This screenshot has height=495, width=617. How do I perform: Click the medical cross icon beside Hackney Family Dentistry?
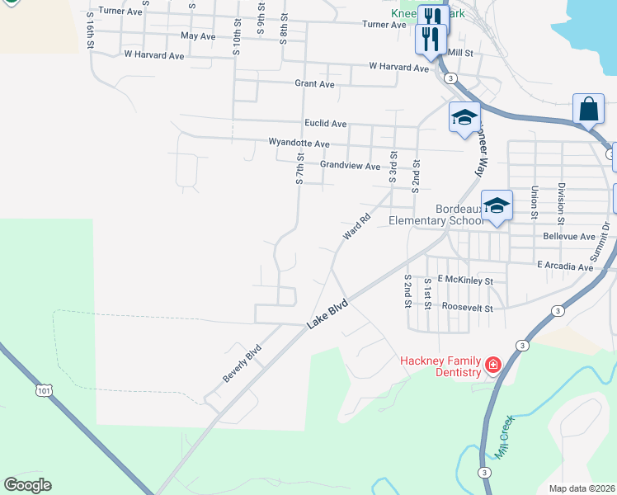pos(493,364)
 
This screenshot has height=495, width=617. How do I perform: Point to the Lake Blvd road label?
pos(328,315)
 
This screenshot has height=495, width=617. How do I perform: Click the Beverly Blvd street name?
pos(242,363)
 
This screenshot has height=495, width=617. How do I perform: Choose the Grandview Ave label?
pos(350,165)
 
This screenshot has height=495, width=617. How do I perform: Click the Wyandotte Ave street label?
pos(299,143)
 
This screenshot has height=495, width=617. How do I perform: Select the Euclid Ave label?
pos(325,124)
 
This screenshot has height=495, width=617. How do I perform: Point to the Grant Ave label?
pos(314,84)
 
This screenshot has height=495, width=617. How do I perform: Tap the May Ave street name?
pos(197,36)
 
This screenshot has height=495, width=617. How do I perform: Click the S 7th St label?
pos(300,168)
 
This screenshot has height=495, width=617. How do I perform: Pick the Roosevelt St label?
pos(467,308)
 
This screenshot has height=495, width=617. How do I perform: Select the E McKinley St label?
pos(465,280)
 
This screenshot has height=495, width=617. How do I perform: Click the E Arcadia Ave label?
pos(565,266)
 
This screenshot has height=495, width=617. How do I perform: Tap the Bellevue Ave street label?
pos(569,237)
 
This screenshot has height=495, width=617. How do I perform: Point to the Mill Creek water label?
pos(505,437)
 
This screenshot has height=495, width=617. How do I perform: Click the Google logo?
pos(27,485)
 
